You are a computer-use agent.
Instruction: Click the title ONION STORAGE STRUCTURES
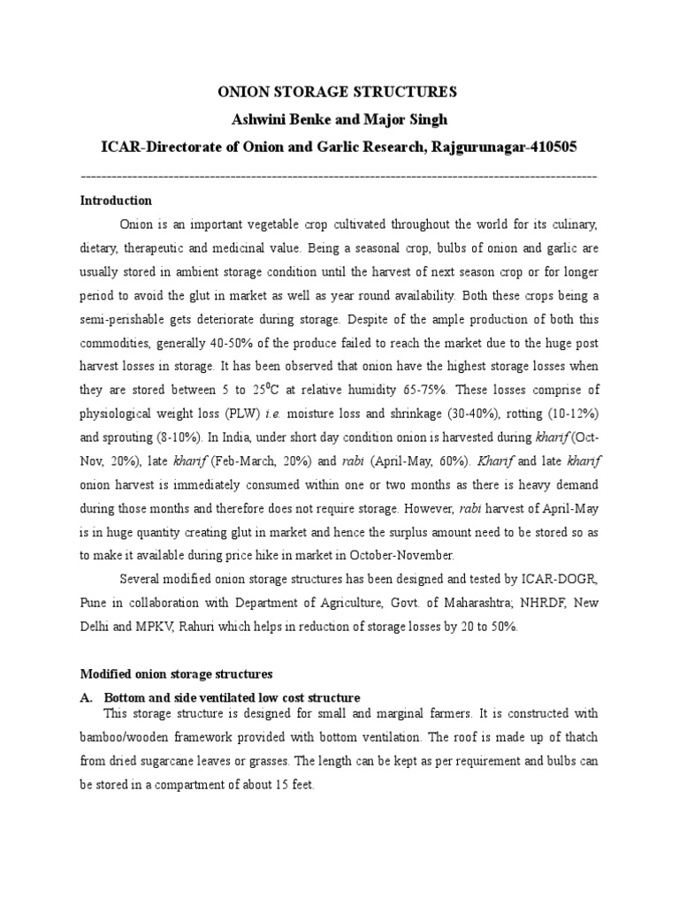point(339,91)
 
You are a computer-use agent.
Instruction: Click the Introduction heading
point(116,201)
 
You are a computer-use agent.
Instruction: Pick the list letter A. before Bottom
point(86,697)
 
